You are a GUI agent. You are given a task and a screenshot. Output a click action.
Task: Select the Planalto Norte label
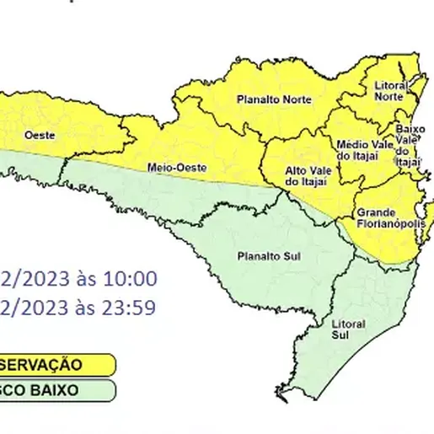click(274, 99)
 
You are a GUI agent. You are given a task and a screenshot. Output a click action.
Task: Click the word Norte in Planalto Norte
click(295, 99)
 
